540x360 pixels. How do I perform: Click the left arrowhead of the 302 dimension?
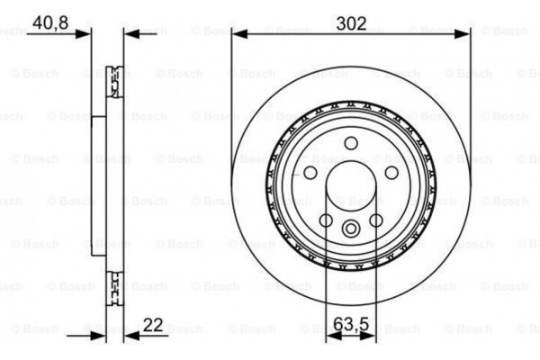pyautogui.click(x=236, y=35)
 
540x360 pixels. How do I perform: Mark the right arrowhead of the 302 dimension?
pyautogui.click(x=466, y=35)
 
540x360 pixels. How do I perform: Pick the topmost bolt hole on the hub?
pyautogui.click(x=351, y=142)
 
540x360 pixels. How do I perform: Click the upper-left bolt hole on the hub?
pyautogui.click(x=310, y=172)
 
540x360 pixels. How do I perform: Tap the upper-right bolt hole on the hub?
pyautogui.click(x=391, y=172)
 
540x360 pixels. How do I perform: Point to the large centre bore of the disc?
pyautogui.click(x=351, y=185)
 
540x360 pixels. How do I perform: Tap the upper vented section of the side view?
pyautogui.click(x=115, y=80)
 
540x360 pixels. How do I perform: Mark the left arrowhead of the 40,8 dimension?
pyautogui.click(x=87, y=35)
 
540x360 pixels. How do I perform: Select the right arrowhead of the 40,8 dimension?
pyautogui.click(x=127, y=35)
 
